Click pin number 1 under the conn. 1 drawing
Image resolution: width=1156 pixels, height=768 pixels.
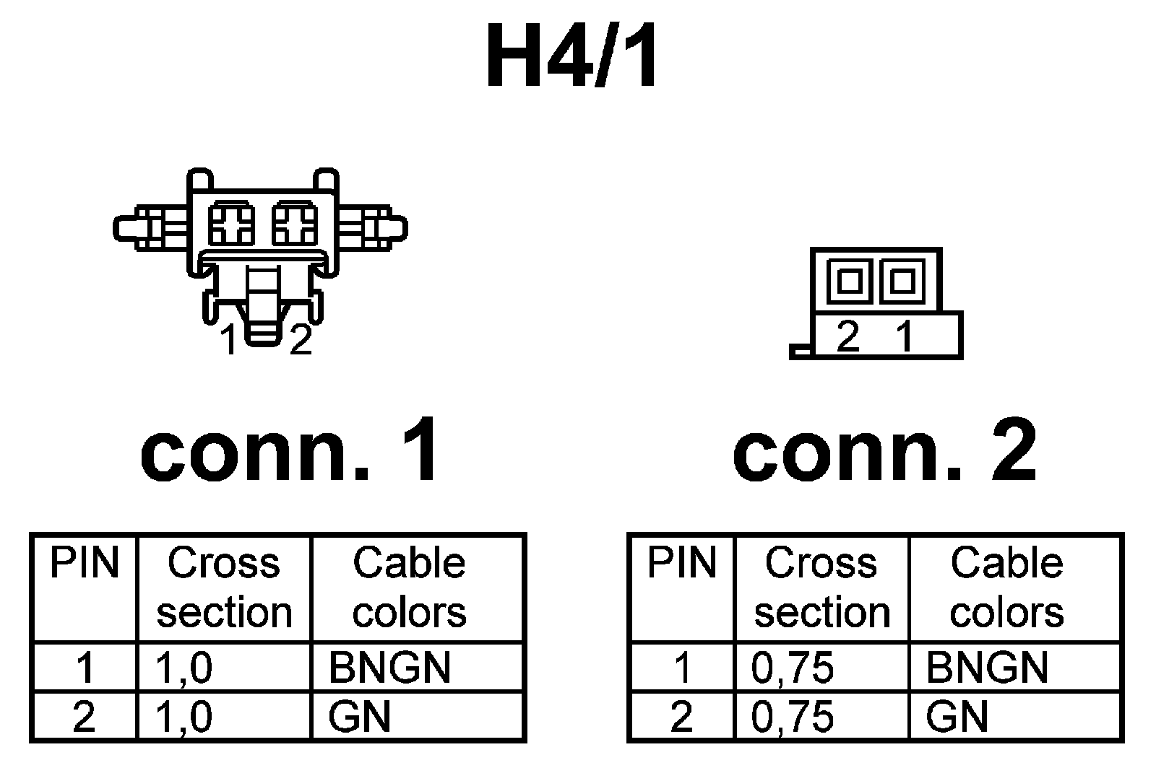[230, 341]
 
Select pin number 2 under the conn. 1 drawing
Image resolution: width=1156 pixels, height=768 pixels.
[301, 341]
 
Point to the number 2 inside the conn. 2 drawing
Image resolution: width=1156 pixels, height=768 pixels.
[848, 336]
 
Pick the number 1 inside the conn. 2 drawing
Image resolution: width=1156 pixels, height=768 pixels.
[905, 336]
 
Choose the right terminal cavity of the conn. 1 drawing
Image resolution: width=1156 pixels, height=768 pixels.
[293, 223]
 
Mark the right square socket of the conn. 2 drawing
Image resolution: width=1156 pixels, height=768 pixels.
[902, 280]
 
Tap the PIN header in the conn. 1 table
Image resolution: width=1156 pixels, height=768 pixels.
[84, 564]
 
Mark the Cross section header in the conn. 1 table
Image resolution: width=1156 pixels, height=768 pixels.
[224, 588]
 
